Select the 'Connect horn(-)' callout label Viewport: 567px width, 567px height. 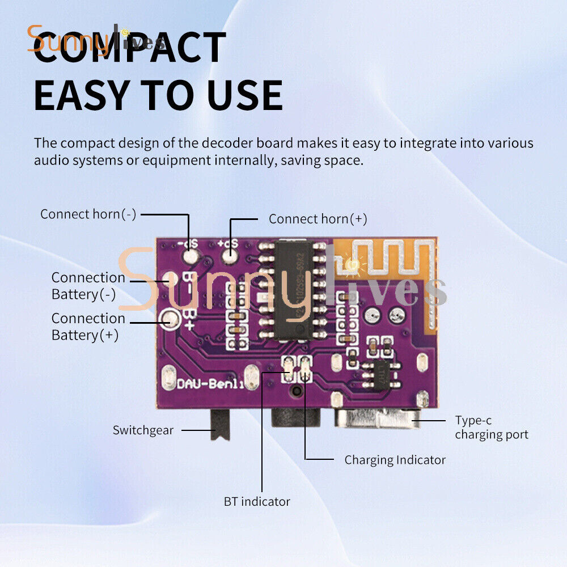tap(88, 214)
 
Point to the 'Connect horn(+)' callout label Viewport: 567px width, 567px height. tap(318, 219)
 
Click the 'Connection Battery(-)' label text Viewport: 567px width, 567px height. tap(88, 286)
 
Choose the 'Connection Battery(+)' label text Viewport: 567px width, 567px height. tap(88, 327)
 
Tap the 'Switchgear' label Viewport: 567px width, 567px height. tap(143, 430)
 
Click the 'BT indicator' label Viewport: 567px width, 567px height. tap(257, 501)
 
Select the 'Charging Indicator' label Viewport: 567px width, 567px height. tap(395, 459)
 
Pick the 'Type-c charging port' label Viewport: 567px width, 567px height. tap(491, 428)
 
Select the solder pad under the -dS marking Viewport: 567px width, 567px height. tap(189, 257)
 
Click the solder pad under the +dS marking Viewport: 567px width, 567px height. tap(230, 256)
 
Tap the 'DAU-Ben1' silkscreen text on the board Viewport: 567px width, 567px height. tap(203, 384)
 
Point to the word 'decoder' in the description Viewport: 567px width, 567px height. tap(218, 142)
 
